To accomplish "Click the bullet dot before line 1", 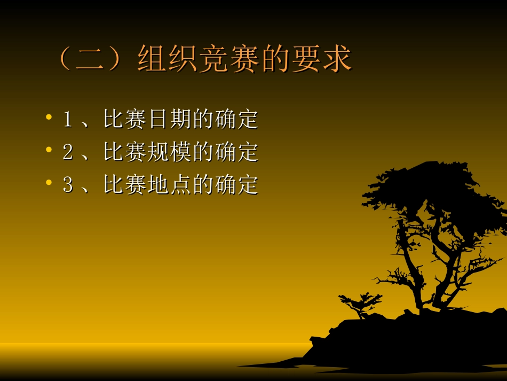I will pyautogui.click(x=49, y=117).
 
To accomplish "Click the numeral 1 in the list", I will pyautogui.click(x=67, y=119).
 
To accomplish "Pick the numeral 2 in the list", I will pyautogui.click(x=67, y=152).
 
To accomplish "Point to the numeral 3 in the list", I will pyautogui.click(x=67, y=185).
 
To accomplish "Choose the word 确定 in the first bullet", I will pyautogui.click(x=237, y=119).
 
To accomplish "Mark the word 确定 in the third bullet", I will pyautogui.click(x=237, y=185).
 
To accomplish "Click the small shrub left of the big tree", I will pyautogui.click(x=361, y=304).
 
